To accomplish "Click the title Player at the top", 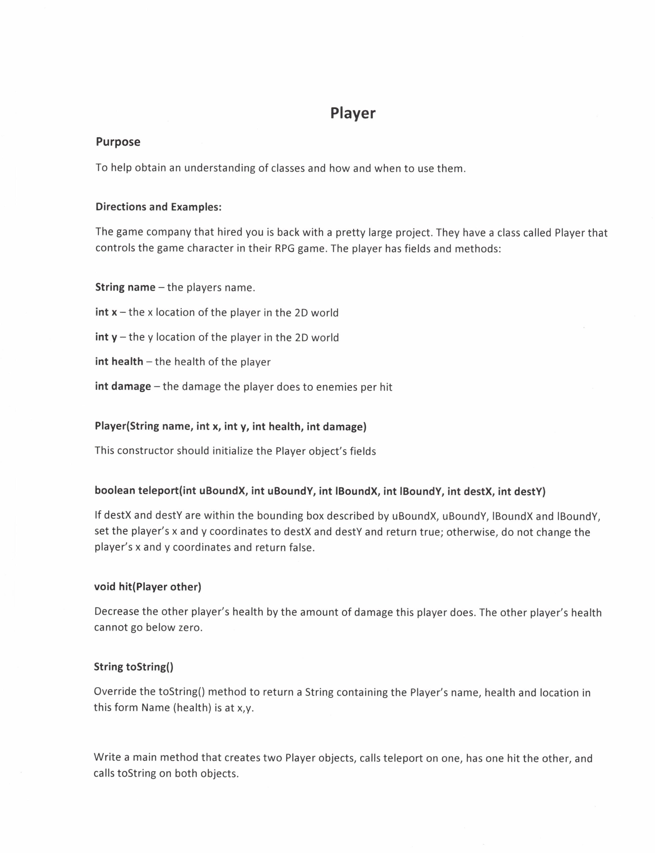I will [x=352, y=113].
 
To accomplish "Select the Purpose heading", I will [x=118, y=142].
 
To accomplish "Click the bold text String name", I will [x=125, y=287].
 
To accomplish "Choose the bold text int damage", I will [x=123, y=386].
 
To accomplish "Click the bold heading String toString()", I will [x=133, y=667].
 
